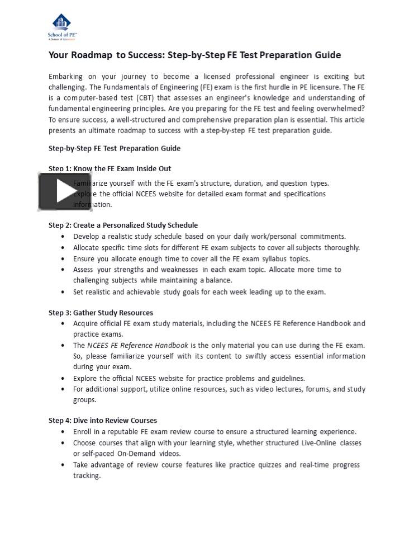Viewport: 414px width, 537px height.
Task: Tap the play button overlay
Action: [57, 192]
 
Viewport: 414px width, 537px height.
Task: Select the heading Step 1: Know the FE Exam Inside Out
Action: [110, 168]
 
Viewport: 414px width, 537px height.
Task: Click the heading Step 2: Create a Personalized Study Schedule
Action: [123, 225]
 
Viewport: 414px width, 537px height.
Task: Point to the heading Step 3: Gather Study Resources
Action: [101, 312]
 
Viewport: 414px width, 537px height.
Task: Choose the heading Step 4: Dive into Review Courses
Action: [103, 420]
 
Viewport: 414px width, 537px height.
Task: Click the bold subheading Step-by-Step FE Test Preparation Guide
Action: [115, 148]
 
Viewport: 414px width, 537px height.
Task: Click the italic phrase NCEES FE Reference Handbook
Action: [137, 345]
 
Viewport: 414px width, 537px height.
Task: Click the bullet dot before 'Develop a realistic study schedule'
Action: [63, 237]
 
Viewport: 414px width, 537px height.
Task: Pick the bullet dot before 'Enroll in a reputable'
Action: [63, 432]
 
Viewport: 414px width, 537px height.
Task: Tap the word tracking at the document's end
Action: [87, 475]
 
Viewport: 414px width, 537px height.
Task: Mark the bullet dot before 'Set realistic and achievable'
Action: [63, 292]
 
